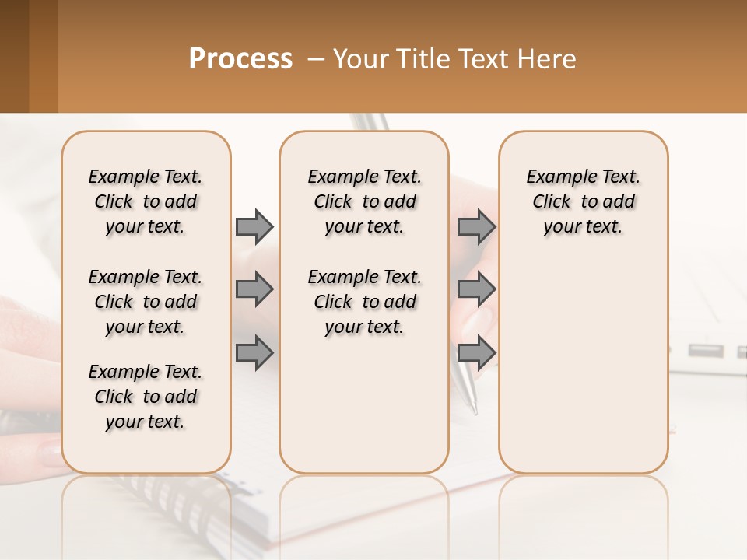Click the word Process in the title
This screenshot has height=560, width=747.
coord(240,59)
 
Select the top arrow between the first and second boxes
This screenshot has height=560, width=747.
coord(254,226)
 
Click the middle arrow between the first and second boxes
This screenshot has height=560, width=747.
coord(254,289)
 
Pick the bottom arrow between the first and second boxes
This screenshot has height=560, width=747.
coord(254,352)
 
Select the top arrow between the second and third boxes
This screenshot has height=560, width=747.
coord(476,226)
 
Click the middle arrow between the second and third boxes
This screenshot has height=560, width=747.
coord(476,289)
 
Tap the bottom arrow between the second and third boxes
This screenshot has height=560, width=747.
coord(476,352)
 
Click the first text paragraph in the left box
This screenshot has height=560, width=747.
coord(146,201)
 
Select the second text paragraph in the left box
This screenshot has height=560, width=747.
coord(146,302)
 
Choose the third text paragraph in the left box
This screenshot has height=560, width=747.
coord(146,397)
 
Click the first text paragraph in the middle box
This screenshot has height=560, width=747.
coord(364,201)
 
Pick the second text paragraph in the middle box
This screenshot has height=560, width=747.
coord(364,302)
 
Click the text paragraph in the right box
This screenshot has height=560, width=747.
coord(583,201)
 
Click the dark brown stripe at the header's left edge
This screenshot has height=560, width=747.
coord(14,56)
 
